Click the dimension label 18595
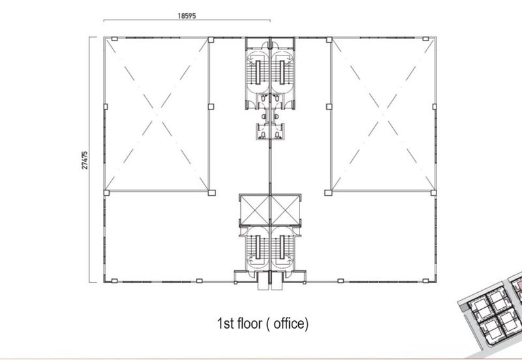(187, 16)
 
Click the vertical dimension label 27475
(85, 160)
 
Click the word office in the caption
(289, 323)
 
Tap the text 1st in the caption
(225, 323)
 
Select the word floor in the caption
(249, 323)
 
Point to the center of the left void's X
(157, 115)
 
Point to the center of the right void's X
(384, 115)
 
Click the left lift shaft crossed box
(254, 210)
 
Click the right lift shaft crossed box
(286, 210)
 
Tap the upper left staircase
(258, 72)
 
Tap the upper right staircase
(283, 72)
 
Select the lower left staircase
(258, 247)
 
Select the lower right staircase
(283, 247)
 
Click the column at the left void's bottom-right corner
(211, 192)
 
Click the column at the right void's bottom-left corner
(328, 192)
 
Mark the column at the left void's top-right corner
(211, 40)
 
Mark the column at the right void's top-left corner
(329, 40)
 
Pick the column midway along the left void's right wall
(211, 107)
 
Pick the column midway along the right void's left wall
(329, 107)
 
